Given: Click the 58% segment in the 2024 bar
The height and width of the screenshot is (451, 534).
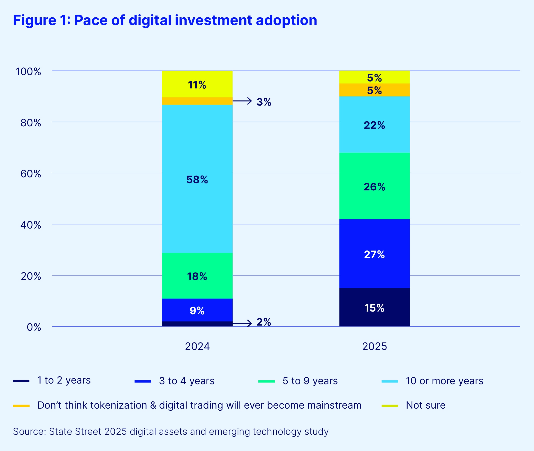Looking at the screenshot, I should point(197,179).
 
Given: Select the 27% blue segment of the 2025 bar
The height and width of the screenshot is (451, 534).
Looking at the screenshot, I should point(374,254).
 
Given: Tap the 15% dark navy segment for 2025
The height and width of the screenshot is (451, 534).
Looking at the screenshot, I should point(374,307).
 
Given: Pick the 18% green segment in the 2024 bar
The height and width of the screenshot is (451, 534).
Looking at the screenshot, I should point(197,276).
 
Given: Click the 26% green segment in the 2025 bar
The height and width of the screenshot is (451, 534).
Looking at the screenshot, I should point(374,186).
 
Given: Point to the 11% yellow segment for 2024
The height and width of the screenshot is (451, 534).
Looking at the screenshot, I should point(197,84).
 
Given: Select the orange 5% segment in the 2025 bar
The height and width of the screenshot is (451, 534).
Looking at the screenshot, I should point(374,90).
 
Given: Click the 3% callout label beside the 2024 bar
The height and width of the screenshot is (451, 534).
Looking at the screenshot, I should point(264,102).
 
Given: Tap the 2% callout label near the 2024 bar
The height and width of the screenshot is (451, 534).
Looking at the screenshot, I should point(264,322).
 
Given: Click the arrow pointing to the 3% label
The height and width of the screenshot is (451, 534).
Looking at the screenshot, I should point(242,101).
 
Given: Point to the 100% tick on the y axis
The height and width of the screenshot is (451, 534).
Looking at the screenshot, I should point(28,71).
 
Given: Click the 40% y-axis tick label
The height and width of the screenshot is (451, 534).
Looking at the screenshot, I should point(31,225).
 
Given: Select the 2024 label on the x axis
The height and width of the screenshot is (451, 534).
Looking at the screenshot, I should point(197,346).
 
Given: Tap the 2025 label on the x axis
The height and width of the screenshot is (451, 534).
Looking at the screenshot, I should point(374,346).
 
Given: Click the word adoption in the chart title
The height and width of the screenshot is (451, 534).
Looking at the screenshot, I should point(286,20).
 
